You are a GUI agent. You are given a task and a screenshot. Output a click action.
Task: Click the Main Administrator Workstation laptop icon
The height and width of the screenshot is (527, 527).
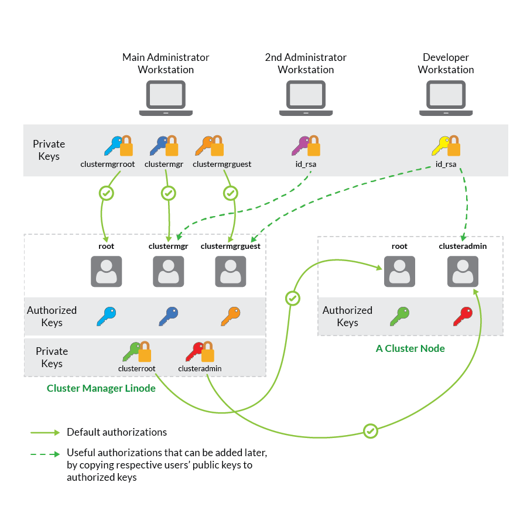click(x=166, y=98)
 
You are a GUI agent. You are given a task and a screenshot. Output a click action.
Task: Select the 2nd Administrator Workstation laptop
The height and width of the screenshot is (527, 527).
click(x=306, y=98)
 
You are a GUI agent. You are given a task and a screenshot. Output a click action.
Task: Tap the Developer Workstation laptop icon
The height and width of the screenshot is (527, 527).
click(x=446, y=98)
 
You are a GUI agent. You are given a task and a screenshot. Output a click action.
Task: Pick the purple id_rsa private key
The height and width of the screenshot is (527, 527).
click(x=306, y=146)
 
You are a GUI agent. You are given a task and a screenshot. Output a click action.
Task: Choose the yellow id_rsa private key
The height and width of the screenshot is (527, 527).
click(x=446, y=146)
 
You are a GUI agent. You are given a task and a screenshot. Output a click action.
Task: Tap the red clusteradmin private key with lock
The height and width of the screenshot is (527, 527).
click(x=200, y=351)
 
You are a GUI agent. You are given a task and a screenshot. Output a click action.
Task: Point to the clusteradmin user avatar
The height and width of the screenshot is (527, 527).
click(x=463, y=271)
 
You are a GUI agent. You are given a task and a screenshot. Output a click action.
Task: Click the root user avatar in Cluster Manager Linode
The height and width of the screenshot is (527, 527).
click(x=107, y=271)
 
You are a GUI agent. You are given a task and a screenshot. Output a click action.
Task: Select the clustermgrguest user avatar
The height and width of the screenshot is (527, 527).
click(x=231, y=271)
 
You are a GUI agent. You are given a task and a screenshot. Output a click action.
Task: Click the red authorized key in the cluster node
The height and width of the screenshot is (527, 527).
click(x=463, y=316)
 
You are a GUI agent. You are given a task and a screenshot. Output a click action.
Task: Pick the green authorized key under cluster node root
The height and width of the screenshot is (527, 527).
click(x=399, y=316)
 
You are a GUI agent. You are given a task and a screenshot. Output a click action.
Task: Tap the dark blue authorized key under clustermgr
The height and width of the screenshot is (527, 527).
click(x=169, y=316)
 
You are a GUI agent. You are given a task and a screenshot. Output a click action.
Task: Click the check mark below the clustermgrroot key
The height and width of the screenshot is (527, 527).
click(x=107, y=193)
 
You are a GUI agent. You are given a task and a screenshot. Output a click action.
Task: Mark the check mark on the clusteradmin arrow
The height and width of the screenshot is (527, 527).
click(x=370, y=432)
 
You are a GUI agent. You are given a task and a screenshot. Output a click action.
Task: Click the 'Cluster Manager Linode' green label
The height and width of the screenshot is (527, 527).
click(x=101, y=388)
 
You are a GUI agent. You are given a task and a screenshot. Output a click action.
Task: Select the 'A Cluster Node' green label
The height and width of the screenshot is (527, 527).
click(x=410, y=348)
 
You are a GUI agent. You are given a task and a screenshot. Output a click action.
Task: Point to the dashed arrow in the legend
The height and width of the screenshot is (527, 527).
click(x=45, y=454)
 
